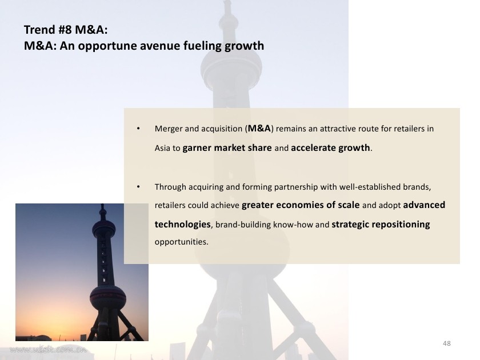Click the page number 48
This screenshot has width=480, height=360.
click(x=447, y=343)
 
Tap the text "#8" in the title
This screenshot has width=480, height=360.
click(x=65, y=30)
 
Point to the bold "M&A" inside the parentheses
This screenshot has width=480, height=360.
click(x=259, y=128)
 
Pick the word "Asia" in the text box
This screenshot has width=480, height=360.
click(x=162, y=148)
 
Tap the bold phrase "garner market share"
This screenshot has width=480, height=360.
click(x=227, y=148)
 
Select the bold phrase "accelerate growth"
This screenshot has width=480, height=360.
click(x=330, y=148)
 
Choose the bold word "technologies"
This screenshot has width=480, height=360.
click(x=183, y=225)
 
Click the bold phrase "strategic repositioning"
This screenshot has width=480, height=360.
click(x=381, y=225)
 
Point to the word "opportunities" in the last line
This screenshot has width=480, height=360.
click(x=181, y=242)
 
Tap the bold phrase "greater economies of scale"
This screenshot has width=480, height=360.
click(x=301, y=205)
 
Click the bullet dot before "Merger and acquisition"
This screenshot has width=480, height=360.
click(x=138, y=129)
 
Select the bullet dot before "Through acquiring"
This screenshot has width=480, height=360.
click(x=138, y=186)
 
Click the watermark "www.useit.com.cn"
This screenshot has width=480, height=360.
click(x=49, y=350)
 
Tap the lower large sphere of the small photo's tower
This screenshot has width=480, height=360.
click(x=108, y=298)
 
